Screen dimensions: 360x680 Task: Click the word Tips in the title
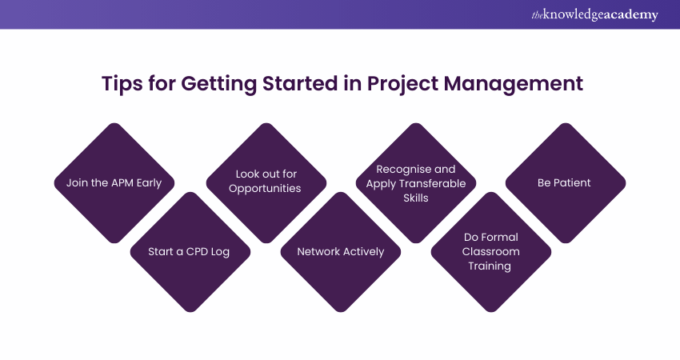[122, 84]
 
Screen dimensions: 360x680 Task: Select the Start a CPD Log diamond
[190, 251]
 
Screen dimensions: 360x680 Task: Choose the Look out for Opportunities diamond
[265, 182]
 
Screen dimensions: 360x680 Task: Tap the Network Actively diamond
[340, 251]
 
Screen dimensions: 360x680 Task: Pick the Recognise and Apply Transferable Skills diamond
[416, 182]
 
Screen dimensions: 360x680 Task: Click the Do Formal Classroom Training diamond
[490, 251]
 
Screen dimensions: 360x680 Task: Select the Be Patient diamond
[565, 182]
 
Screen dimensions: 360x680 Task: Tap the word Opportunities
[265, 189]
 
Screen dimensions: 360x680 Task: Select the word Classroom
[490, 251]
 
